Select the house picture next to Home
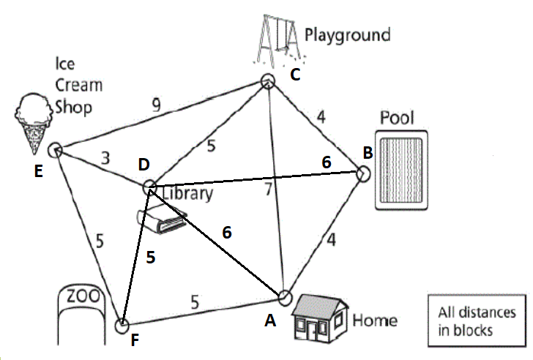tap(318, 318)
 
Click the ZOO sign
tap(81, 298)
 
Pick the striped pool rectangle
tap(403, 170)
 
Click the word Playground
tap(348, 34)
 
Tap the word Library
tap(187, 193)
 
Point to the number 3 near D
tap(107, 158)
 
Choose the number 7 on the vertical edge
tap(269, 190)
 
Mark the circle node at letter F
tap(122, 324)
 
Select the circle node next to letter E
tap(53, 150)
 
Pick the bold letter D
tap(143, 166)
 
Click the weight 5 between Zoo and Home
tap(195, 301)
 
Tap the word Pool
tap(396, 119)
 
